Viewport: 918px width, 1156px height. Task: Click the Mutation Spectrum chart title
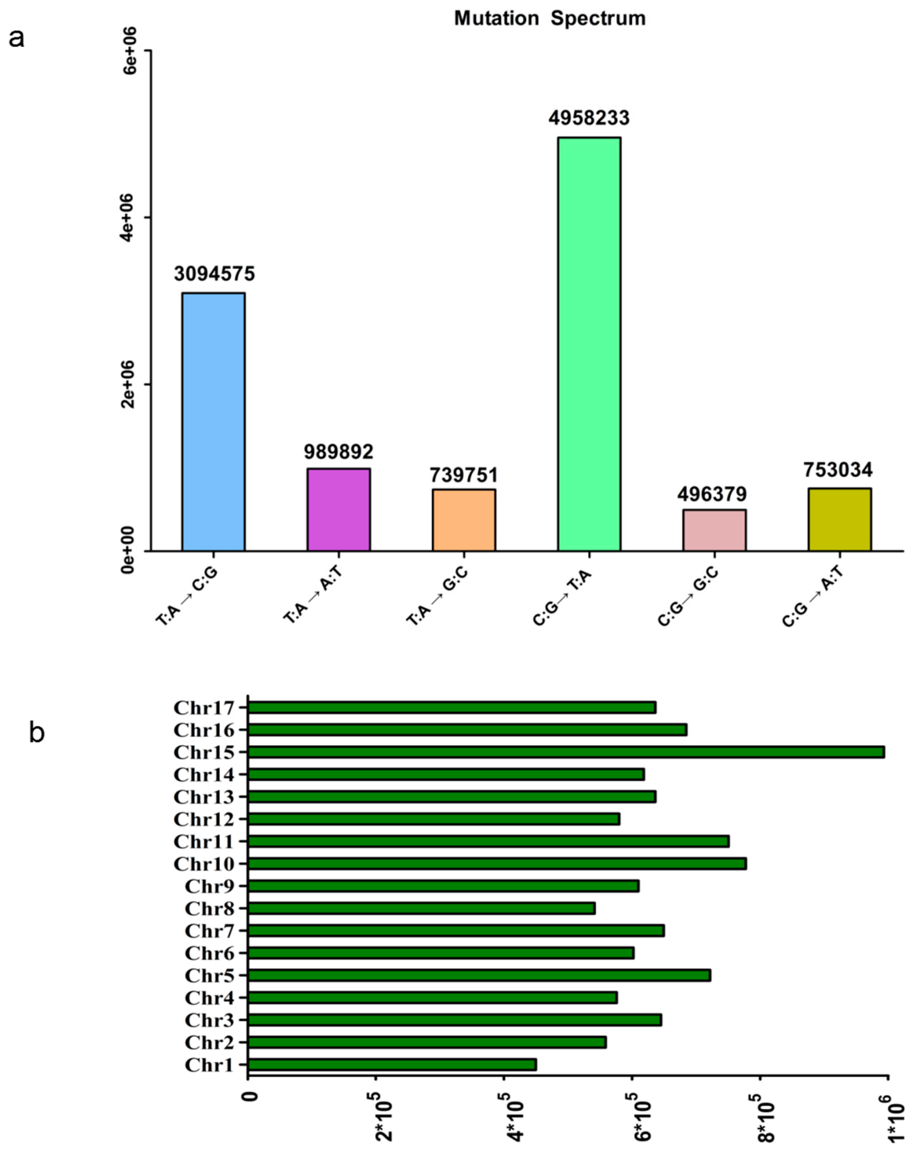click(x=550, y=18)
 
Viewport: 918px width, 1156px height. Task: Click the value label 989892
click(x=339, y=452)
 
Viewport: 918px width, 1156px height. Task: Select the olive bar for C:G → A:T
click(x=839, y=519)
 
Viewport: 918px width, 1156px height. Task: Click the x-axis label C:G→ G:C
click(x=688, y=597)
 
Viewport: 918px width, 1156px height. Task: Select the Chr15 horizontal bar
click(x=566, y=752)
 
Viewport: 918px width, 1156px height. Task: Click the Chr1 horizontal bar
click(x=392, y=1064)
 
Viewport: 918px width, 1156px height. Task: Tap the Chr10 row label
click(x=204, y=864)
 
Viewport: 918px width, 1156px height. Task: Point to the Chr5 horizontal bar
click(x=479, y=975)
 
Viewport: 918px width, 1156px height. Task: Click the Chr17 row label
click(x=204, y=708)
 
